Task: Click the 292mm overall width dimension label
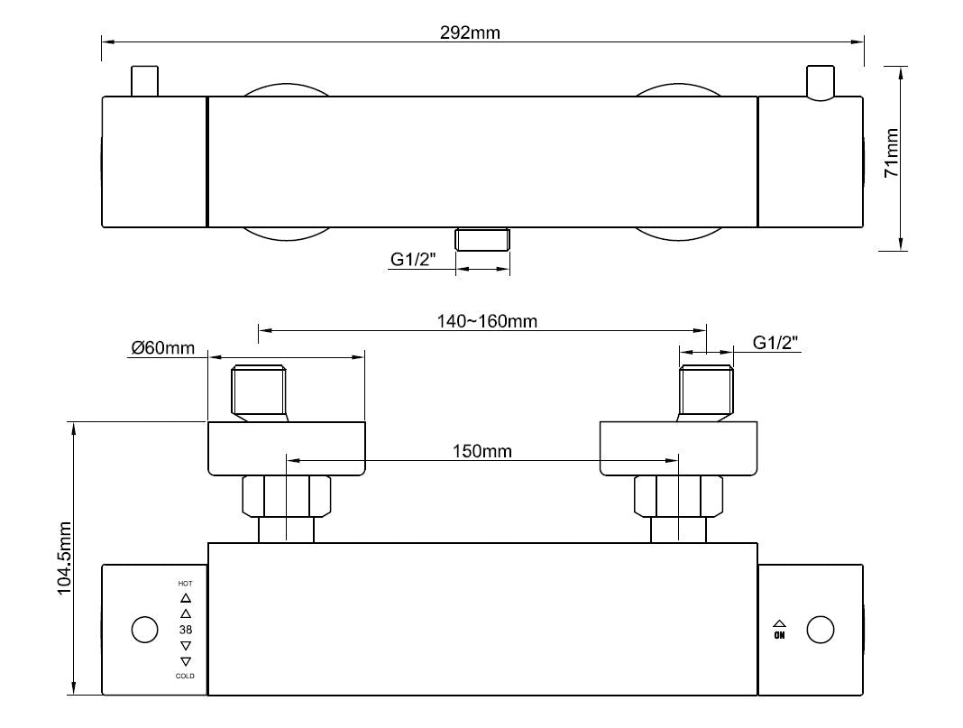tap(469, 32)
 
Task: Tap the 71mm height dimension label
tap(892, 152)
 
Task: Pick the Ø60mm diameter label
tap(162, 347)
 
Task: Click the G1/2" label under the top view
tap(413, 259)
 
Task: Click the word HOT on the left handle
tap(186, 584)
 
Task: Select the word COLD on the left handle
tap(186, 676)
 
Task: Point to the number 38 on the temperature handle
tap(186, 630)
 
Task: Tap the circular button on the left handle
tap(144, 629)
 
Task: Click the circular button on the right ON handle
tap(820, 630)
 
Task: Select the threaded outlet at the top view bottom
tap(483, 240)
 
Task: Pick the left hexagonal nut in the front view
tap(287, 496)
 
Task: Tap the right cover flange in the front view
tap(678, 448)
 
